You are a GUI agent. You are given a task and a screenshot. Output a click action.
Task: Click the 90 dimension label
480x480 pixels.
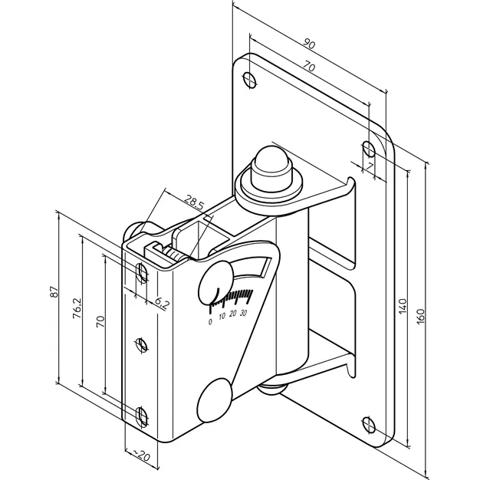(309, 44)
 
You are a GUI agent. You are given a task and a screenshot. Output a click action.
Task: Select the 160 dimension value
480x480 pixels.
(421, 317)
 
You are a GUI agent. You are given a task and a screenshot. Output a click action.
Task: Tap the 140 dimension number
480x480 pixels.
(403, 305)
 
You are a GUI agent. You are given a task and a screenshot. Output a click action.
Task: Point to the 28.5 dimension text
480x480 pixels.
(194, 202)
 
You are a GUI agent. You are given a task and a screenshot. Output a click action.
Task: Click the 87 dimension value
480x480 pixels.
(54, 291)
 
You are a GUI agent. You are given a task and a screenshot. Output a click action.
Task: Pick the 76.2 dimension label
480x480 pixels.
(77, 308)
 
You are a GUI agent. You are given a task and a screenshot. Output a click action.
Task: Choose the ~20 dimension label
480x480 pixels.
(141, 455)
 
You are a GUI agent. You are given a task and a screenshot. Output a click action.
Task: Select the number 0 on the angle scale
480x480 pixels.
(210, 322)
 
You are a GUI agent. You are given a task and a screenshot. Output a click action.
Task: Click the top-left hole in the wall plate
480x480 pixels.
(250, 80)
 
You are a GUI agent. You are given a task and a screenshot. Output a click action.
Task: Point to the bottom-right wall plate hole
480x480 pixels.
(369, 425)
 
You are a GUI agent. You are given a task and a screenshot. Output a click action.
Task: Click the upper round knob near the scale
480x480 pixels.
(215, 282)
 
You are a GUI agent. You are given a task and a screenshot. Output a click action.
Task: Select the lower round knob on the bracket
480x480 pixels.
(214, 400)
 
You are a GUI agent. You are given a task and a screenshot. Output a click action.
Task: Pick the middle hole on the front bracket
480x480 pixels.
(141, 344)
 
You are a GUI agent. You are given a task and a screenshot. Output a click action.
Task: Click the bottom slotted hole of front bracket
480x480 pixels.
(141, 416)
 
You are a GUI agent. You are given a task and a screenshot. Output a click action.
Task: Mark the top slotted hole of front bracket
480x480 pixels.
(141, 272)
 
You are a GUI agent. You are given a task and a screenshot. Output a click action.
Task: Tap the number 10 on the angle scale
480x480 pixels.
(222, 316)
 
